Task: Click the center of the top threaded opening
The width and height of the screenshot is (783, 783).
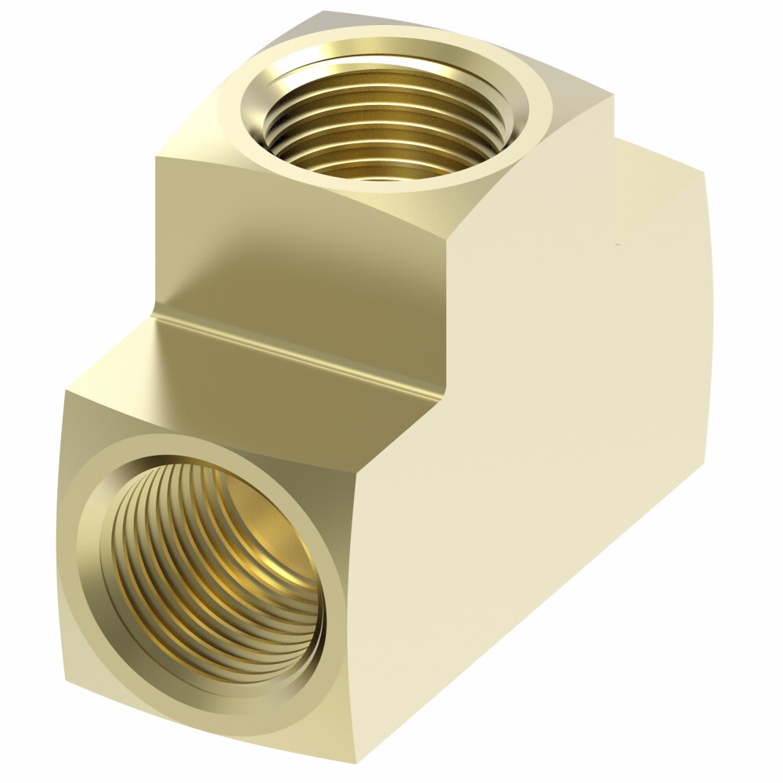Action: [384, 117]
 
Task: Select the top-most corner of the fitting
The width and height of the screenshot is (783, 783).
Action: [323, 12]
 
